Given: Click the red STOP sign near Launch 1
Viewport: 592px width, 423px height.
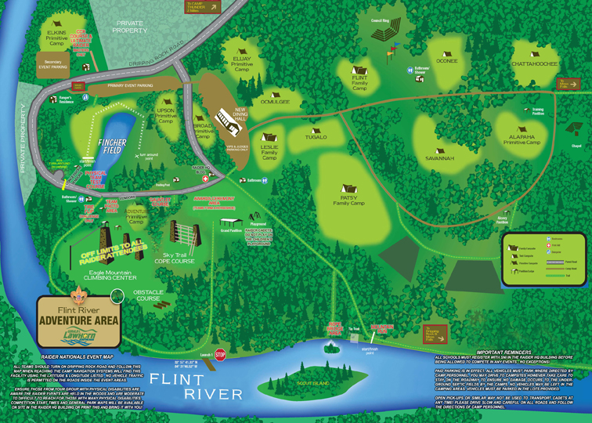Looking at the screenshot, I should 220,354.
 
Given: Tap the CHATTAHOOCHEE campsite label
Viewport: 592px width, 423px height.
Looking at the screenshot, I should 534,63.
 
